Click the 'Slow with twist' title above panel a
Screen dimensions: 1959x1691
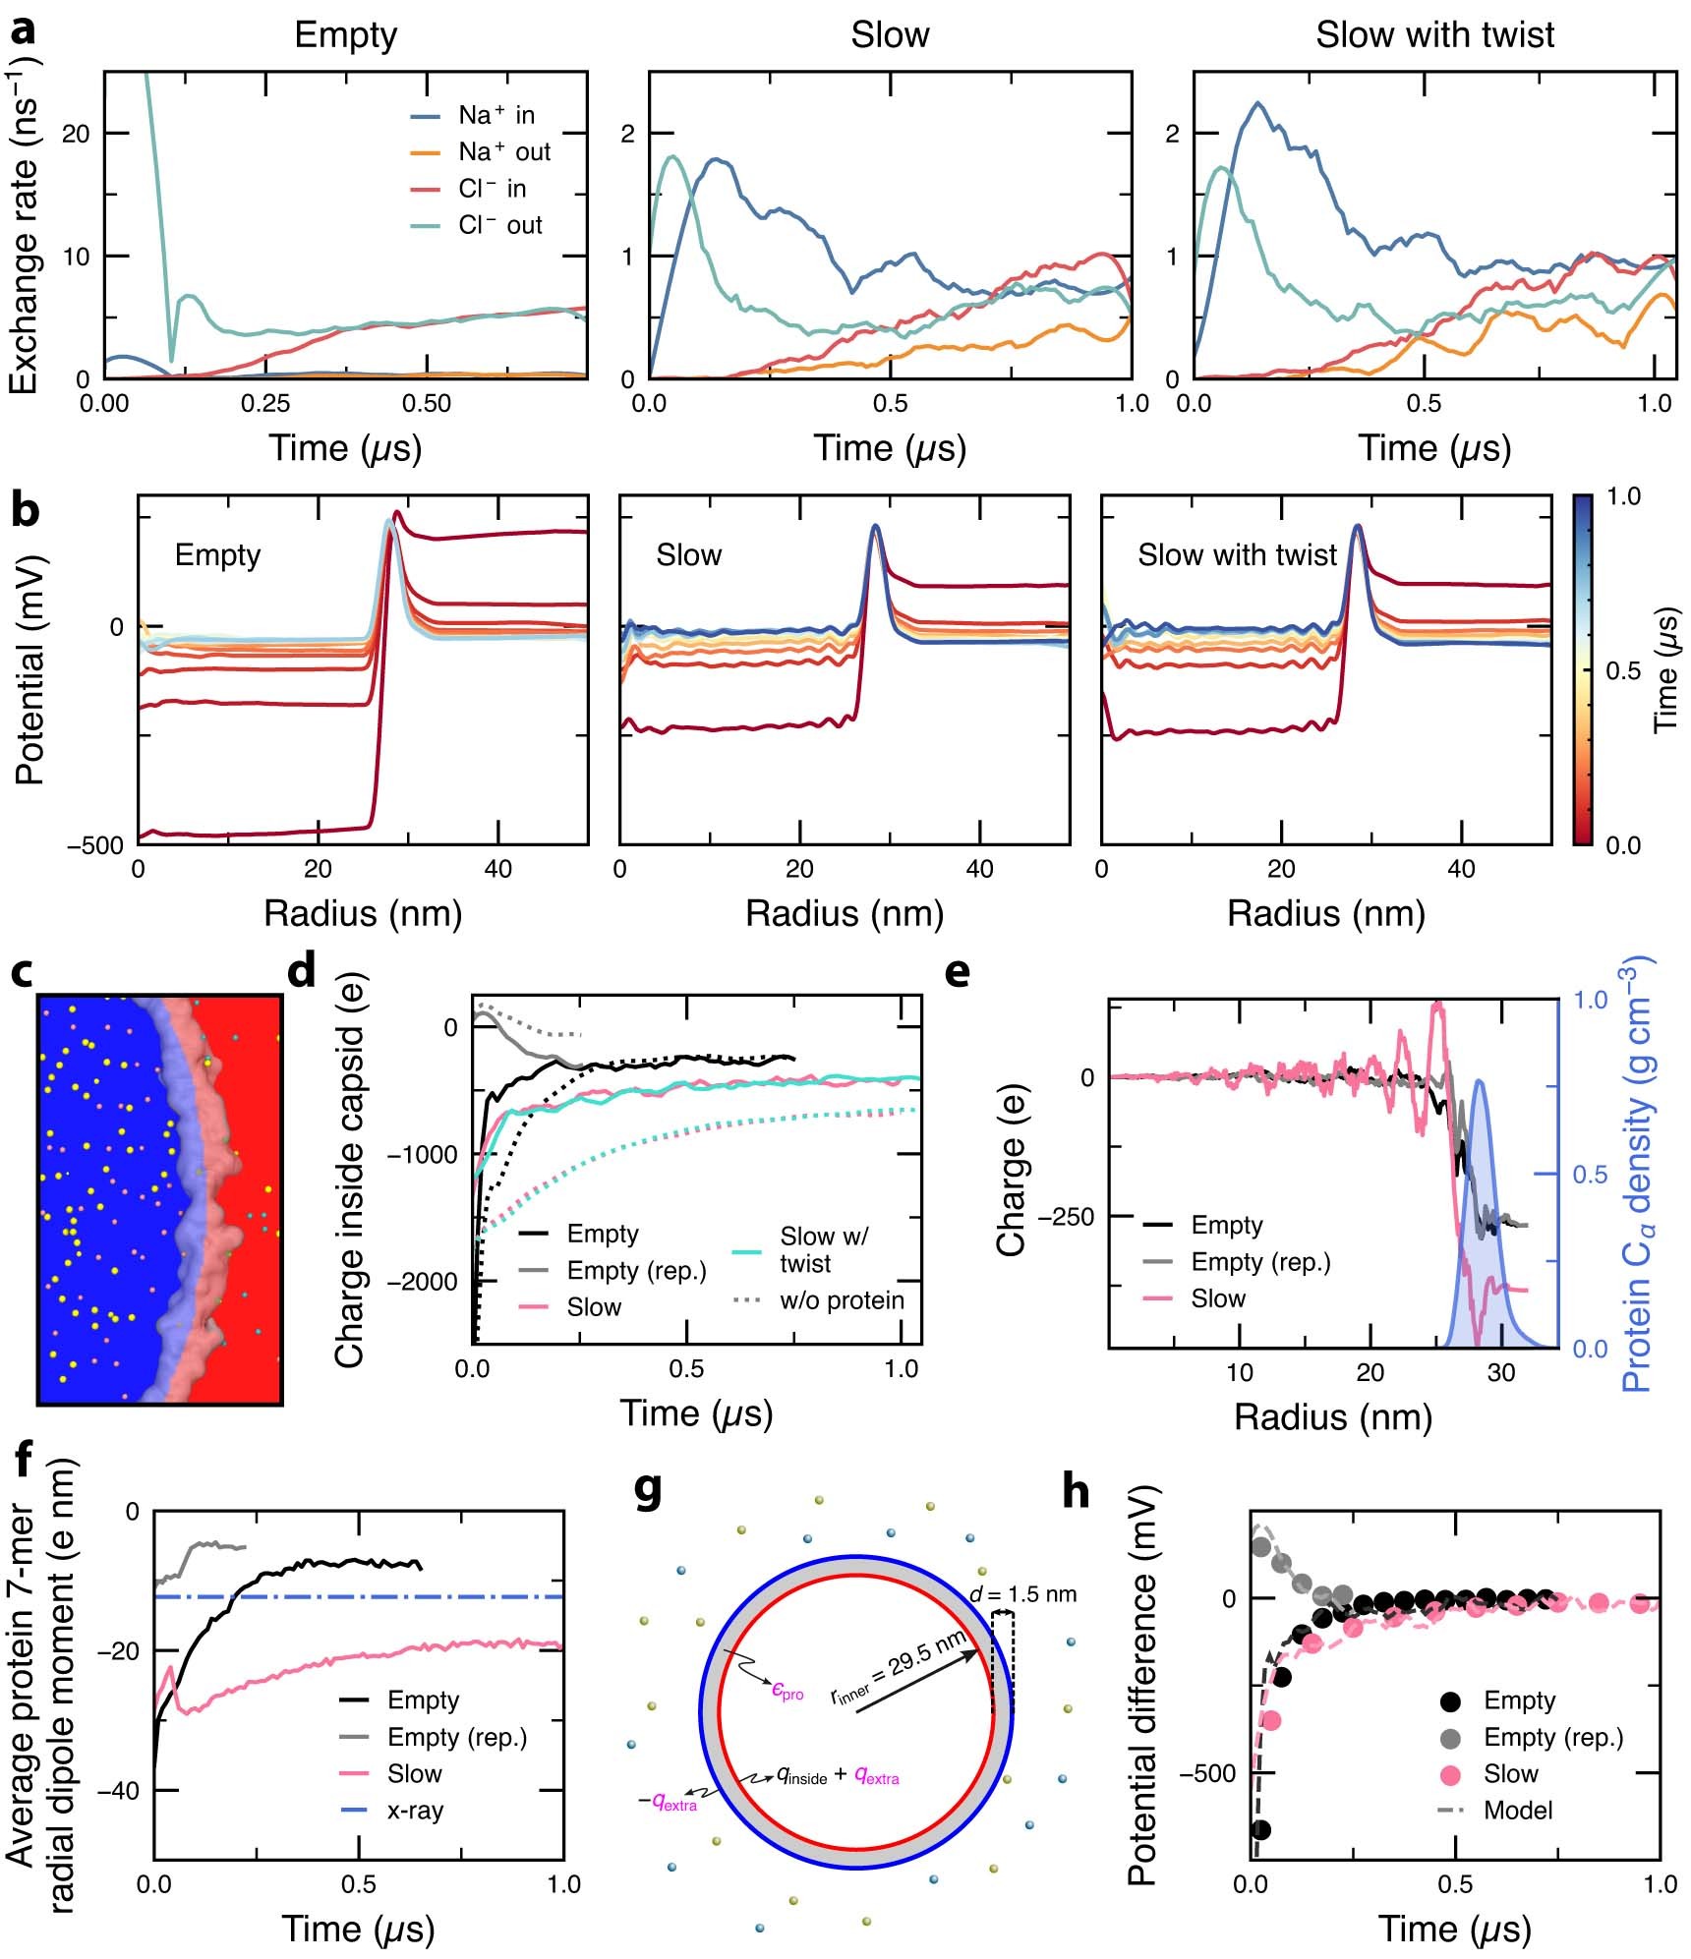tap(1434, 35)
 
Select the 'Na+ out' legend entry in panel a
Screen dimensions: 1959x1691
tap(503, 152)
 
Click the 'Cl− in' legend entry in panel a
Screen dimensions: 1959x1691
tap(492, 189)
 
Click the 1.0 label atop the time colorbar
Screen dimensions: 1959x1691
tap(1623, 497)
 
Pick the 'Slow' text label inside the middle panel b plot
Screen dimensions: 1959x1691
tap(688, 555)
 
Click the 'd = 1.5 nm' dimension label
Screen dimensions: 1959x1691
tap(1022, 1593)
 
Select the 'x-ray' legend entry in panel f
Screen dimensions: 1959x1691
tap(415, 1811)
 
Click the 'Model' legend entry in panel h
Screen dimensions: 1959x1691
tap(1517, 1811)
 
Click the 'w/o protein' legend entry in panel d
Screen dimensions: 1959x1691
tap(842, 1300)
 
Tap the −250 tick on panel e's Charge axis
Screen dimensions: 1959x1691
tap(1066, 1217)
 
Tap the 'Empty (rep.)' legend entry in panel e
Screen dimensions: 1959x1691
tap(1259, 1262)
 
